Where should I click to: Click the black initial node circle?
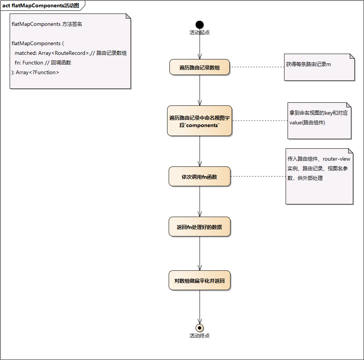click(200, 24)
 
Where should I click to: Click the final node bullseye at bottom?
click(200, 328)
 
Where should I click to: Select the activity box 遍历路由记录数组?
click(200, 67)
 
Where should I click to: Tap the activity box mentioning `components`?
click(200, 121)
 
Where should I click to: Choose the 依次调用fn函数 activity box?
click(200, 177)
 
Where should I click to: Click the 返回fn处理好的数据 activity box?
click(200, 227)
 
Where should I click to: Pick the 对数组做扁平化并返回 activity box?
click(200, 280)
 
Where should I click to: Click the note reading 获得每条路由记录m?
click(319, 67)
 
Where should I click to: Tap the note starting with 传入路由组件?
click(319, 176)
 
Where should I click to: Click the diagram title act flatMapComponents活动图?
click(41, 5)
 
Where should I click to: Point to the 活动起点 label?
click(200, 33)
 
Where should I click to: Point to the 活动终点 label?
click(200, 336)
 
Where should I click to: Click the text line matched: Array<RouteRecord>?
click(70, 53)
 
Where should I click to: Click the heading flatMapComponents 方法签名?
click(47, 24)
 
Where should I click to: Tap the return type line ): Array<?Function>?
click(36, 72)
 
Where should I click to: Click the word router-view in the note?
click(336, 159)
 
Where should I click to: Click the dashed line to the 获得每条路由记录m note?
click(257, 67)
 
